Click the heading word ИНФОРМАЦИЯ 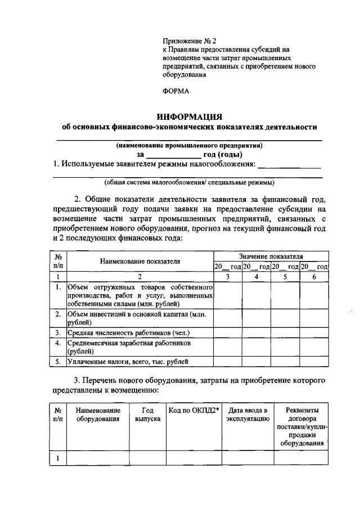tap(190, 116)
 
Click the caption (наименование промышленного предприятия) tap(190, 145)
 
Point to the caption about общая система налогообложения tap(190, 183)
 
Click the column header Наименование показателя tap(140, 261)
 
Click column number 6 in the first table tap(314, 276)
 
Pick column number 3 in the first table tap(227, 276)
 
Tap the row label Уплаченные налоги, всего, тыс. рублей tap(128, 362)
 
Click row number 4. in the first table tap(58, 343)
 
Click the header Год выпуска tap(148, 415)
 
